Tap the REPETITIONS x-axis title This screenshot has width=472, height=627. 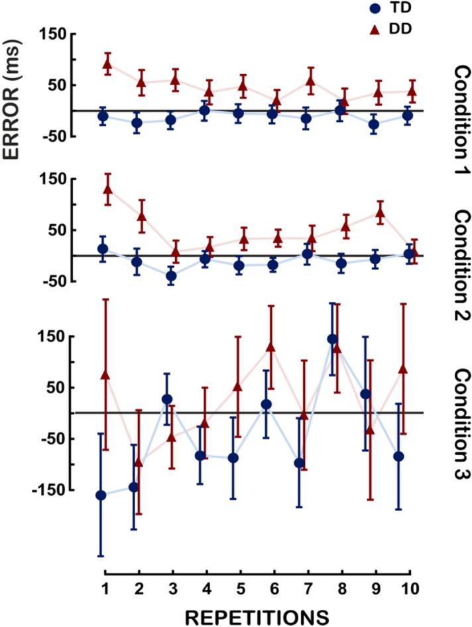(256, 616)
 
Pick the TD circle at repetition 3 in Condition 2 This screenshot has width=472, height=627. (171, 276)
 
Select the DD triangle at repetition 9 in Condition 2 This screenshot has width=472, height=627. (381, 213)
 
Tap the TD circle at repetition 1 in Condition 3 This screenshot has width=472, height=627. (101, 495)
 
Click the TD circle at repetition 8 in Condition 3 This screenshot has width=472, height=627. (332, 339)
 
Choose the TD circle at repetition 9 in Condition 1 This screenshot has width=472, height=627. (374, 124)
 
